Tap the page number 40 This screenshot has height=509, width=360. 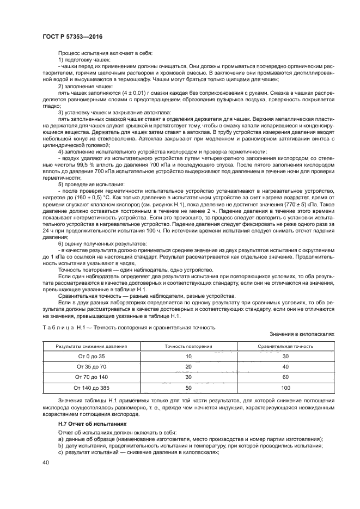(46, 462)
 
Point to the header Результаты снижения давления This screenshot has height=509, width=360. (91, 346)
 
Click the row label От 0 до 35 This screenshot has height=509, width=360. (91, 356)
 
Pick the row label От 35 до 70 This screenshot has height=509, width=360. (91, 366)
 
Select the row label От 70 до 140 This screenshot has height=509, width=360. (91, 377)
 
